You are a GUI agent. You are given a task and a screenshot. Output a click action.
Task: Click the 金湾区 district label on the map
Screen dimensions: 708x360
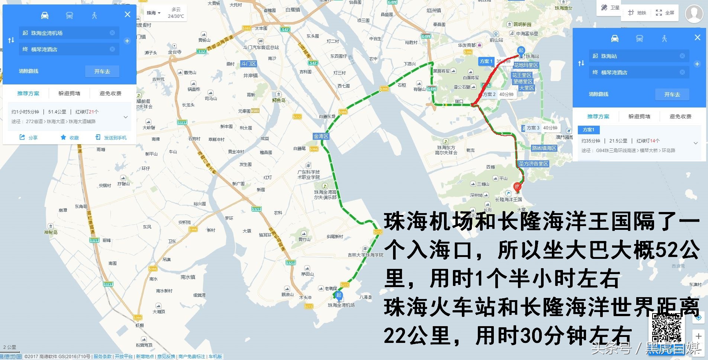pyautogui.click(x=321, y=136)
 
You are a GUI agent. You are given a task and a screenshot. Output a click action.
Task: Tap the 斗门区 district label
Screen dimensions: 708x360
pyautogui.click(x=248, y=64)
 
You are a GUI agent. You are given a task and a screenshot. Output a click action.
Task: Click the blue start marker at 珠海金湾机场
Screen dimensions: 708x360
pyautogui.click(x=339, y=296)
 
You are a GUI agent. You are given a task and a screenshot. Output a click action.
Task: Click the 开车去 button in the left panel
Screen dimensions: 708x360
pyautogui.click(x=102, y=71)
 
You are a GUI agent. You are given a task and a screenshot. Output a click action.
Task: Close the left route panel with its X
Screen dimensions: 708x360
pyautogui.click(x=128, y=15)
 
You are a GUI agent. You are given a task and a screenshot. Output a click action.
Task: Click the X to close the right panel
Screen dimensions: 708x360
pyautogui.click(x=697, y=38)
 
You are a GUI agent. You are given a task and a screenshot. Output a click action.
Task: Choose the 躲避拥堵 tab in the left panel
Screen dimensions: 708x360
pyautogui.click(x=69, y=93)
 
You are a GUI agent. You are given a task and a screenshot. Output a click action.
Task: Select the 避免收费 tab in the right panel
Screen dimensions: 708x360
pyautogui.click(x=680, y=116)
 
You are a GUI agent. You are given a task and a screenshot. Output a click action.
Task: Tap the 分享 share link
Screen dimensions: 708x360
pyautogui.click(x=29, y=138)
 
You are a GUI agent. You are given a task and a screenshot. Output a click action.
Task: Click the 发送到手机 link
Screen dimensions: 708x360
pyautogui.click(x=112, y=138)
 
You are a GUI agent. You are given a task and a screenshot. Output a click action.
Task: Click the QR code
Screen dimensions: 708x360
pyautogui.click(x=666, y=328)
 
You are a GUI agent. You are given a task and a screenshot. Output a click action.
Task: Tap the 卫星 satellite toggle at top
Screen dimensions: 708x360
pyautogui.click(x=611, y=8)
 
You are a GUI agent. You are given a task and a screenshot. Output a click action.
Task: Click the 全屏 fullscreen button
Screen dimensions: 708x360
pyautogui.click(x=665, y=13)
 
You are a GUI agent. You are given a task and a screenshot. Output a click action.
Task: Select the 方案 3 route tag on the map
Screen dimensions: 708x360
pyautogui.click(x=532, y=128)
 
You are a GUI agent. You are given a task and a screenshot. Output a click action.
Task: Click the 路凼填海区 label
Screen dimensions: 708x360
pyautogui.click(x=544, y=148)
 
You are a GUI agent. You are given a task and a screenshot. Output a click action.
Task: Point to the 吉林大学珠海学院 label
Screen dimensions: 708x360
pyautogui.click(x=365, y=255)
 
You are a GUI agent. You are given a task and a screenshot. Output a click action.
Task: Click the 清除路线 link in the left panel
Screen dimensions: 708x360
pyautogui.click(x=29, y=71)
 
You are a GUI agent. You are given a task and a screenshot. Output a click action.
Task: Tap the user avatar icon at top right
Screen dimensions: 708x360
pyautogui.click(x=694, y=14)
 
